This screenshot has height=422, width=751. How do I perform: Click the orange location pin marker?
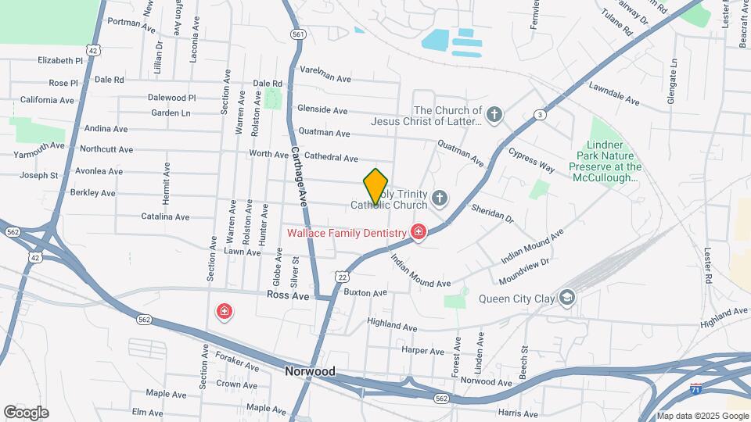[x=375, y=187]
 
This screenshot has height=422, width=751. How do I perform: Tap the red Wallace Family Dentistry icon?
[x=419, y=233]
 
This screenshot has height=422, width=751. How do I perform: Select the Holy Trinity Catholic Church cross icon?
[x=440, y=198]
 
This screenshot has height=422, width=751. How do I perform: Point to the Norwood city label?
[x=310, y=371]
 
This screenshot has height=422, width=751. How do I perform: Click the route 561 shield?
[x=297, y=34]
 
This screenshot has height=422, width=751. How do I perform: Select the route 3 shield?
[x=540, y=116]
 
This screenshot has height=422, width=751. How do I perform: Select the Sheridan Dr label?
[x=492, y=213]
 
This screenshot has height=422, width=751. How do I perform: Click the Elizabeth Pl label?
[x=59, y=60]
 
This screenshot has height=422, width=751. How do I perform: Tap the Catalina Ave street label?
[x=165, y=216]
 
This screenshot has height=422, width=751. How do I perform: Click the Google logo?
[x=26, y=412]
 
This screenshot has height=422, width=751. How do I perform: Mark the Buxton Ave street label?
[x=365, y=293]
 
